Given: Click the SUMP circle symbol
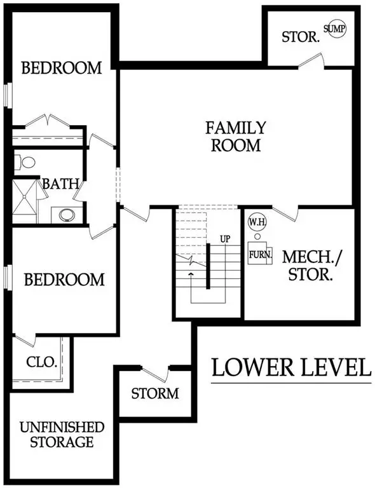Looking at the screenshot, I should (336, 29).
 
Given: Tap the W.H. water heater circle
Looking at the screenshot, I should (257, 222).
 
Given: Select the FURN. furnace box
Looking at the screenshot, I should (261, 254).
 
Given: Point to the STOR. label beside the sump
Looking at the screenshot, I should (301, 36).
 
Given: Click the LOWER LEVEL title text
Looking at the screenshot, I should (291, 367).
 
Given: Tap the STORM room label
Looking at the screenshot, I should (155, 393).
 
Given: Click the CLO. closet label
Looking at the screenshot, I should (43, 363).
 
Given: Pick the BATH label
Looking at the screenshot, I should (61, 184).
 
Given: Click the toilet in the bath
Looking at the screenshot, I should (27, 162).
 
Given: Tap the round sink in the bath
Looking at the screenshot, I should (67, 214).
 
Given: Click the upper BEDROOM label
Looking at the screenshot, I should (62, 68).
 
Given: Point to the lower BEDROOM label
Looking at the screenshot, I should (64, 279).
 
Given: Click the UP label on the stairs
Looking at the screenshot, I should (224, 238).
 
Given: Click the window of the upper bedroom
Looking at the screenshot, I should (8, 95).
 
